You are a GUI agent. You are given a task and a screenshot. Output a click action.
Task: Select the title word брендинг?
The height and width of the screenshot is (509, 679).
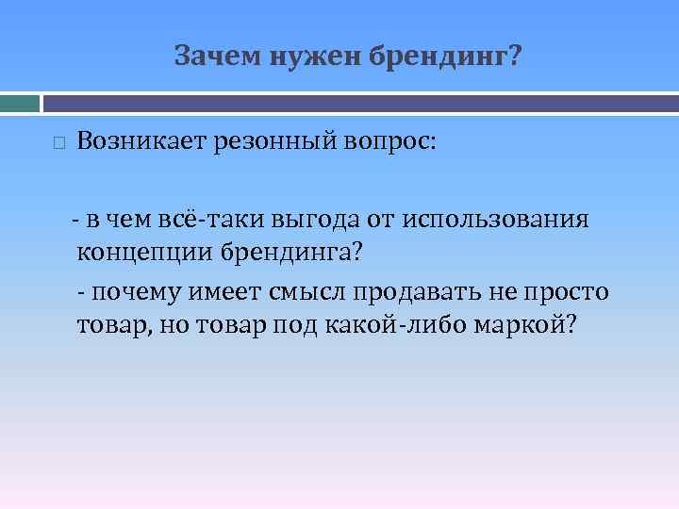pyautogui.click(x=443, y=58)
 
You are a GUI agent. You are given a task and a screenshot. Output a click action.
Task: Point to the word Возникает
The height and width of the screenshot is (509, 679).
pyautogui.click(x=144, y=142)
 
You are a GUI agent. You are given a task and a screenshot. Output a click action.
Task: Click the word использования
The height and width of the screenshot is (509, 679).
pyautogui.click(x=496, y=221)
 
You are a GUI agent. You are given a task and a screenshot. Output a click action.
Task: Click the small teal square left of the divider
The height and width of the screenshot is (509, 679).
pyautogui.click(x=20, y=102)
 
